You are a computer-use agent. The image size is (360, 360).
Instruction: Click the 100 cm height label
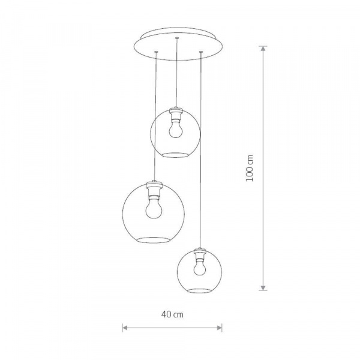[x=250, y=168]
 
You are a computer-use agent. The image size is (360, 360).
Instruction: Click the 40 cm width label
[x=172, y=314]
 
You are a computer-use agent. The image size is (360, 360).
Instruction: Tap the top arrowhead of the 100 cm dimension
[x=263, y=48]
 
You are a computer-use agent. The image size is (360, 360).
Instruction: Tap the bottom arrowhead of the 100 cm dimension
[x=263, y=288]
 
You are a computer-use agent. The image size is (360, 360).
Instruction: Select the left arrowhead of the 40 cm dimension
[x=125, y=328]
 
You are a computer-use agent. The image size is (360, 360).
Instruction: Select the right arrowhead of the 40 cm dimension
[x=220, y=328]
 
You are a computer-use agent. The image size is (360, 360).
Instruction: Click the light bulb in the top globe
[x=176, y=130]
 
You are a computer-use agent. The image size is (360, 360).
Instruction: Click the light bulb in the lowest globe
[x=200, y=268]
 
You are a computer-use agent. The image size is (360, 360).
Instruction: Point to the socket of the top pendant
[x=176, y=114]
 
